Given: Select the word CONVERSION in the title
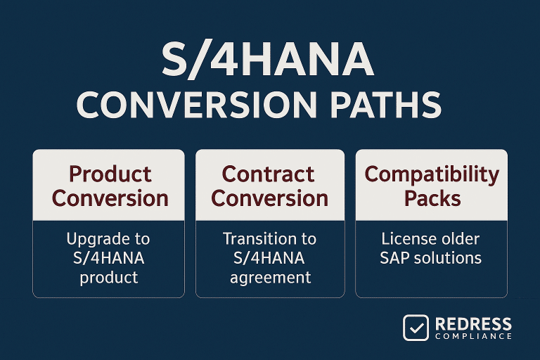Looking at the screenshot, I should [x=181, y=105].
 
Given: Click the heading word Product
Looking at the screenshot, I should [x=109, y=174].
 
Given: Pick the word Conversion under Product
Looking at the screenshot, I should [x=110, y=198].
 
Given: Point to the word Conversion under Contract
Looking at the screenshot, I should [x=270, y=198].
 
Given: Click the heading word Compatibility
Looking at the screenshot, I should [x=432, y=174].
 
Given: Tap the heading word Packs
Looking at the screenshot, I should [x=432, y=198].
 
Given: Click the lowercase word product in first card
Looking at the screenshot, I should [x=109, y=277].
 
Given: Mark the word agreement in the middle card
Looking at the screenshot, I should [x=270, y=277].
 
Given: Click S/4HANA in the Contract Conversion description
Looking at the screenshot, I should [x=270, y=258].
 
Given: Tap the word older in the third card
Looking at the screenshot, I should [x=461, y=240].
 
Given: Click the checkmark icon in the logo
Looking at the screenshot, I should [x=416, y=328].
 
